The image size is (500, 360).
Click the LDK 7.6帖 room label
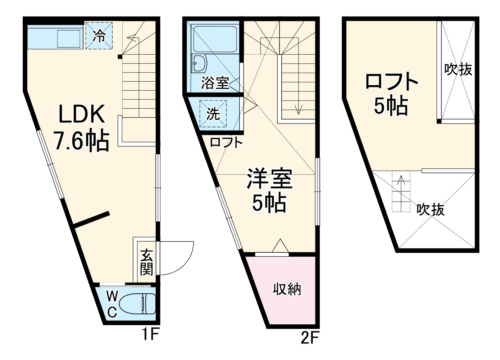[x=82, y=127]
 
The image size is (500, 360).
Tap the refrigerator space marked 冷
[x=99, y=35]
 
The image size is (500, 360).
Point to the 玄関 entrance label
[x=146, y=262]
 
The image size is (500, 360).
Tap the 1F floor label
[x=149, y=335]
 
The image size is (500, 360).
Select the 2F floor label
[x=310, y=338]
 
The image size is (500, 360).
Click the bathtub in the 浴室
[x=214, y=39]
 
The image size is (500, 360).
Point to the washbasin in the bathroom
[x=199, y=64]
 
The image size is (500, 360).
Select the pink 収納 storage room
[x=287, y=289]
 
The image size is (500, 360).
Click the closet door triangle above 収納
[x=280, y=247]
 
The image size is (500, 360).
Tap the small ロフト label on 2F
[x=226, y=143]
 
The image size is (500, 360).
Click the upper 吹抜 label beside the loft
[x=458, y=69]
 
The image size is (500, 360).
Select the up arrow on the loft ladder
[x=401, y=182]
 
